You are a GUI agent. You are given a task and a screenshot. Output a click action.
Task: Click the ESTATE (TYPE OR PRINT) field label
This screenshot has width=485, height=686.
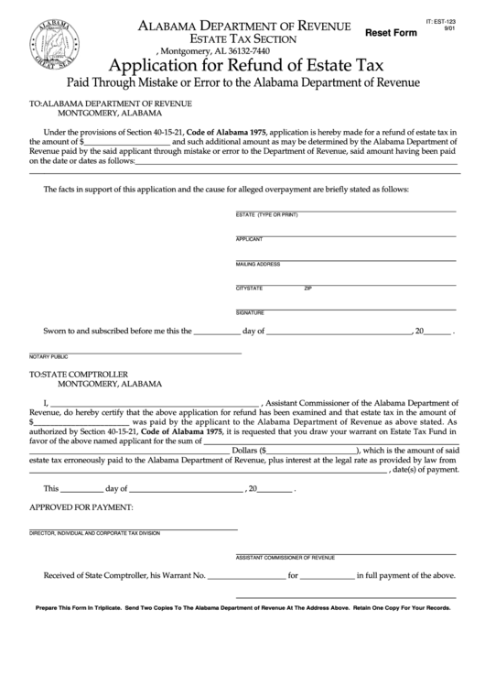pos(267,214)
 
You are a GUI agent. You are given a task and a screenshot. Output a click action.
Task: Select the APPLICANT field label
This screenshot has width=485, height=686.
pos(250,239)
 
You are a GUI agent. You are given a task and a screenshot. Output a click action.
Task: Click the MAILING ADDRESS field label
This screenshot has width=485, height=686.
pos(258,264)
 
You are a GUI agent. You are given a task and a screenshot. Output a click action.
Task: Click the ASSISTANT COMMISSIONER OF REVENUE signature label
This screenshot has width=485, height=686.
pos(286,557)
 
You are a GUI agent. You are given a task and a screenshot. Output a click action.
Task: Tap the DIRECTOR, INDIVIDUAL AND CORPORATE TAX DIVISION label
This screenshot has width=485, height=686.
pos(94,532)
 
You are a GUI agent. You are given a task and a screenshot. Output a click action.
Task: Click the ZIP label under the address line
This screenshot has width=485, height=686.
pos(308,289)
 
